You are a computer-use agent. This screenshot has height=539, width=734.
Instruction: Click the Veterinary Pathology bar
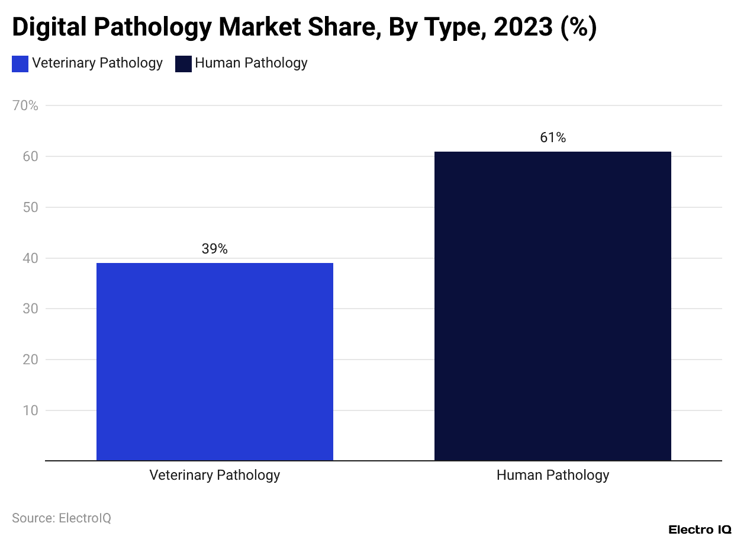click(214, 361)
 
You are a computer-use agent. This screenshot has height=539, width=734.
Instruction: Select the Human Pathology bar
click(552, 306)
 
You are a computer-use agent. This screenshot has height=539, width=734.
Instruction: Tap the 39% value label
click(214, 249)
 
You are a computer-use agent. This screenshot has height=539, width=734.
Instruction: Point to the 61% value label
click(553, 138)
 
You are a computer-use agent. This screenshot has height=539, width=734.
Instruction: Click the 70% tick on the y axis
click(25, 106)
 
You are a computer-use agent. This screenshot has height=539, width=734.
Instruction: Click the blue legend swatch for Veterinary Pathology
click(20, 64)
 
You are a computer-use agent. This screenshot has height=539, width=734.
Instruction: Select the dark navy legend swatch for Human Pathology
click(183, 64)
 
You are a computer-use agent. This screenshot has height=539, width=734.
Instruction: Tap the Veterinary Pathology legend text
click(97, 63)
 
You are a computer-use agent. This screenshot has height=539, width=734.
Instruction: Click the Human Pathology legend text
click(251, 63)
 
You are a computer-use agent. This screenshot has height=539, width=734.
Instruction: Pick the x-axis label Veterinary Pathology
click(214, 475)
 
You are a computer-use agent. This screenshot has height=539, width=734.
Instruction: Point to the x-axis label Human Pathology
click(552, 475)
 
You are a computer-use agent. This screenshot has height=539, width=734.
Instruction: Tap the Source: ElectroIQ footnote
click(62, 518)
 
